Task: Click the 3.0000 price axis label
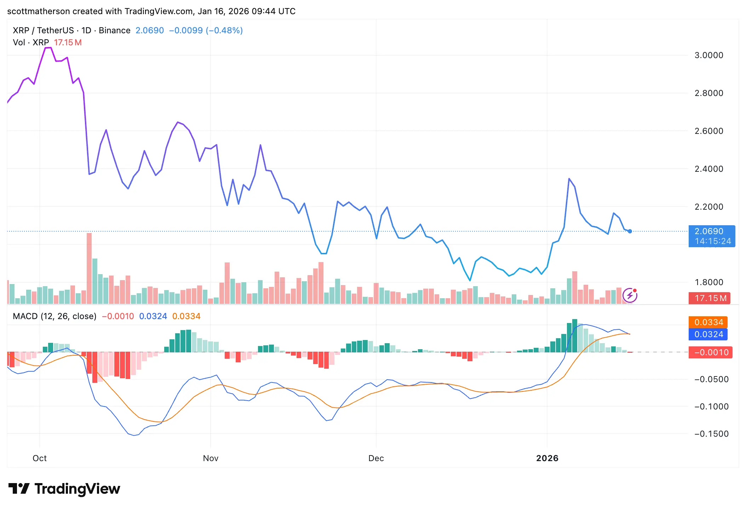[708, 55]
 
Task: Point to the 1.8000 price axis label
[708, 282]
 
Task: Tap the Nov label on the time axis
[211, 458]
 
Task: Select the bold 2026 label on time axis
[547, 458]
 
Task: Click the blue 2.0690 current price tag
[711, 236]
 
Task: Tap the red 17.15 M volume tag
[710, 298]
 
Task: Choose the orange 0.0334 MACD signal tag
[708, 322]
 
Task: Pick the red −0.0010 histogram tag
[711, 352]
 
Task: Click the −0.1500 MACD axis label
[711, 434]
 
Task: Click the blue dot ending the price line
[630, 231]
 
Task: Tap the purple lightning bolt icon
[630, 295]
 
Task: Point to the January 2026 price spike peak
[569, 179]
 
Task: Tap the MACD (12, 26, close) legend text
[54, 316]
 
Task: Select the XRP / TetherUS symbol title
[43, 30]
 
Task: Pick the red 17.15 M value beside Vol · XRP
[68, 42]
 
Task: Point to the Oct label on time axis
[40, 458]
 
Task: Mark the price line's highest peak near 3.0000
[48, 47]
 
